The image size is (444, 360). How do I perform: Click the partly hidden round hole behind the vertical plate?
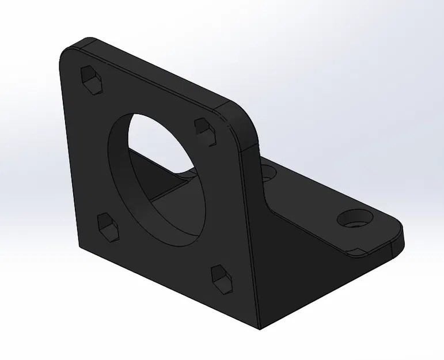(x=268, y=172)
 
